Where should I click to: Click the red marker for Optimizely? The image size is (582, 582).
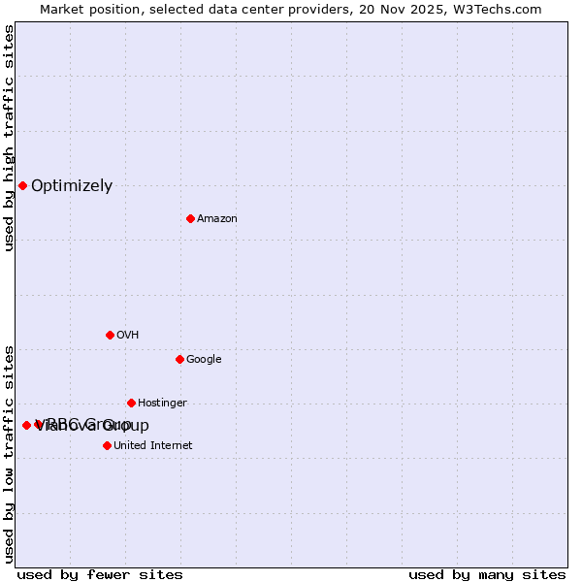(x=22, y=185)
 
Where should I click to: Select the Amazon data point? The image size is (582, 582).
(x=190, y=218)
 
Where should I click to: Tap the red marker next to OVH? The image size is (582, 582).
(x=110, y=335)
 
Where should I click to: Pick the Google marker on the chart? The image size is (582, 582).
(x=179, y=359)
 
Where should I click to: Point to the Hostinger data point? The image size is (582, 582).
(x=131, y=403)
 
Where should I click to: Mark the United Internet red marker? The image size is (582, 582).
(x=107, y=445)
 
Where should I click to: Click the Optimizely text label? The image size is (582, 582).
(x=72, y=186)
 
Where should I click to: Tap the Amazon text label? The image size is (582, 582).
(x=217, y=219)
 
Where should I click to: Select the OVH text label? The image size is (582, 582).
(x=127, y=336)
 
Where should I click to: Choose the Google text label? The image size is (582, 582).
(x=204, y=360)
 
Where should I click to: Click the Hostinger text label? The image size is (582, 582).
(x=162, y=404)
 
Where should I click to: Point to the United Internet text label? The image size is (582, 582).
(x=153, y=446)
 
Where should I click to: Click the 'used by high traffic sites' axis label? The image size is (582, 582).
(x=9, y=138)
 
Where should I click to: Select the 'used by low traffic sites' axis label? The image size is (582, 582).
(x=9, y=453)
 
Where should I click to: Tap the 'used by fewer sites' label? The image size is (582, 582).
(x=100, y=574)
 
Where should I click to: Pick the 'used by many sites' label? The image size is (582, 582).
(x=487, y=574)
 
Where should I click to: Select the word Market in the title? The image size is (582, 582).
(x=63, y=10)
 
